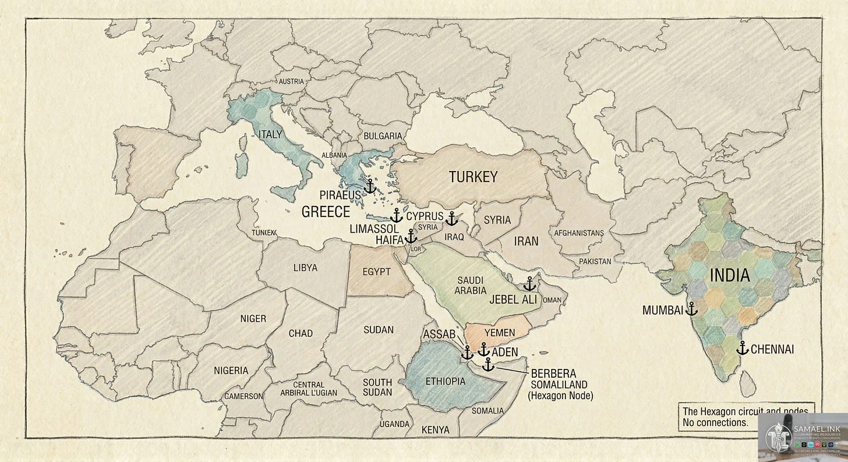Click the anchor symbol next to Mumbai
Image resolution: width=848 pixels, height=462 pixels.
tap(691, 308)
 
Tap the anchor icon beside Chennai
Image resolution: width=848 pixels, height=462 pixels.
tap(742, 348)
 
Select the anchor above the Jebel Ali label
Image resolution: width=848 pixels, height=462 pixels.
tap(529, 284)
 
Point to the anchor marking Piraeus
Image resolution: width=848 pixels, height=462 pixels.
tap(369, 186)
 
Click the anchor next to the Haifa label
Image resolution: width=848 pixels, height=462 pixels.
tap(411, 236)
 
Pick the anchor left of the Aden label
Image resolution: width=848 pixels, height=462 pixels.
tap(483, 349)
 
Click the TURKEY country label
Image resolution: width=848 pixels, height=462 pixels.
tap(472, 177)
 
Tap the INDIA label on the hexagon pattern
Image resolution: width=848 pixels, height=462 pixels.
tap(729, 275)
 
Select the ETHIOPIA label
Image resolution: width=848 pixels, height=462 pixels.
tap(446, 381)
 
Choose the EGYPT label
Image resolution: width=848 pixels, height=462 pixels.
tap(376, 271)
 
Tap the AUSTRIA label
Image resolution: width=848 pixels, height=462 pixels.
tap(291, 81)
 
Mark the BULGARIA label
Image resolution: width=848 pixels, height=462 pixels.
tap(382, 136)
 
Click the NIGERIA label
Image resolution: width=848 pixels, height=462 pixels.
tap(231, 370)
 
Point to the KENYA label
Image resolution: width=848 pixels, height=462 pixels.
tap(435, 429)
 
